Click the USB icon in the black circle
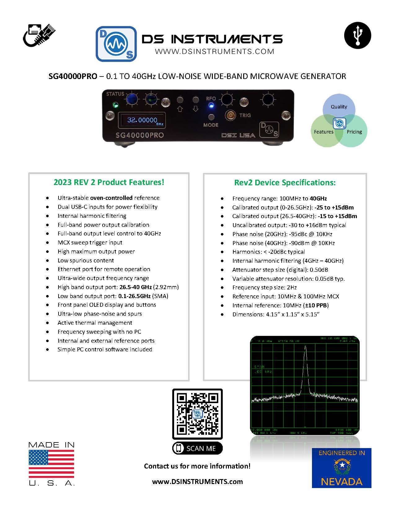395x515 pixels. tap(358, 35)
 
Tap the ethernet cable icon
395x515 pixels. tap(39, 35)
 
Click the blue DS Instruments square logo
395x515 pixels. tap(116, 44)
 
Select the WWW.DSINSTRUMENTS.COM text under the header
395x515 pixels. tap(214, 51)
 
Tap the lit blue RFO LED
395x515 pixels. tap(211, 105)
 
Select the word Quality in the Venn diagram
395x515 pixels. tap(339, 107)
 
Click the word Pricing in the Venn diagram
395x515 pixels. tap(354, 132)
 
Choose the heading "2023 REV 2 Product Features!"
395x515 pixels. tap(109, 182)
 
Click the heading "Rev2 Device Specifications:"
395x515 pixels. tap(285, 183)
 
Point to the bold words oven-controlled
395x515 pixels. tap(111, 198)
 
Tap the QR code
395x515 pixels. tap(197, 413)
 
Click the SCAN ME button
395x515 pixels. tap(197, 448)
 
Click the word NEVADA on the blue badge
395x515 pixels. tap(341, 482)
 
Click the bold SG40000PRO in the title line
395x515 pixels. tap(73, 76)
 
